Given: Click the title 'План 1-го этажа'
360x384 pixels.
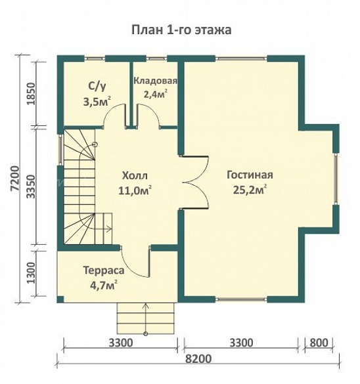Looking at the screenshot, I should pos(179,30).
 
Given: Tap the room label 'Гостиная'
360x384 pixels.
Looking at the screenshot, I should pos(250,175).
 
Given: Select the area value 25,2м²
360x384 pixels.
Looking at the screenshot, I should pos(250,190).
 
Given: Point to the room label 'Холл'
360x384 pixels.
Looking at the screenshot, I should pos(135,176).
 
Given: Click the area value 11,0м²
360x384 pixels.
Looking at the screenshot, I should pos(135,191).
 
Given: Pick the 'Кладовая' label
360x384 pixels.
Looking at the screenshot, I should pos(156,81).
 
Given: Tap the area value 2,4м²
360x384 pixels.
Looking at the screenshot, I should pos(156,93).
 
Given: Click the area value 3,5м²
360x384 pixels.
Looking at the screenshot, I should pos(97,102).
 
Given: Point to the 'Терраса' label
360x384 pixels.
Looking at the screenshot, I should pos(100,270).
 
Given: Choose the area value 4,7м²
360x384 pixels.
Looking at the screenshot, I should pos(101,285).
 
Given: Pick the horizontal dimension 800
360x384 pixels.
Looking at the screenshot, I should pos(318,343).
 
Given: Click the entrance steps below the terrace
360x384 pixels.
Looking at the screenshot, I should pos(146,318).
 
